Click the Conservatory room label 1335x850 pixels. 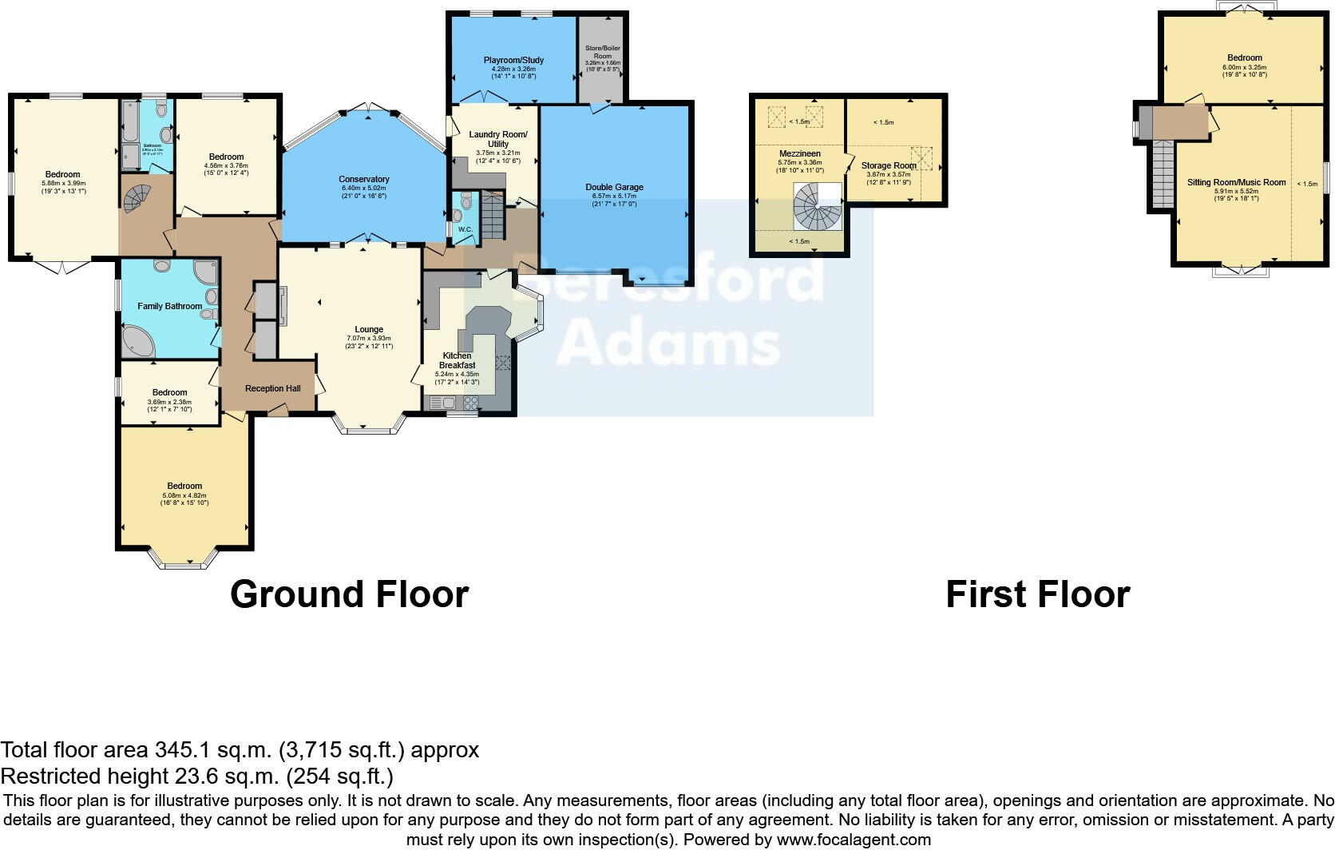tap(363, 179)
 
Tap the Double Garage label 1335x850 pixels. tap(614, 187)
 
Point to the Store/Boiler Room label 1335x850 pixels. tap(602, 52)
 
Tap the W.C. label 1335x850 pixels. tap(465, 230)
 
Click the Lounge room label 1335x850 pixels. tap(369, 329)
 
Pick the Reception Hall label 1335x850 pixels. tap(272, 388)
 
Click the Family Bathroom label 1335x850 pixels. tap(169, 306)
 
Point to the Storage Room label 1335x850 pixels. tap(889, 165)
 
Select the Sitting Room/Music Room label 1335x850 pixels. tap(1236, 182)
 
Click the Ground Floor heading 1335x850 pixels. tap(349, 595)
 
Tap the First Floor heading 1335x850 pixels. tap(1037, 595)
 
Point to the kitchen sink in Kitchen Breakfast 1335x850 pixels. tap(442, 403)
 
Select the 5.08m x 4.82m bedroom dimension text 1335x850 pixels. tap(184, 495)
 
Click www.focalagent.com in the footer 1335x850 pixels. tap(854, 840)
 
